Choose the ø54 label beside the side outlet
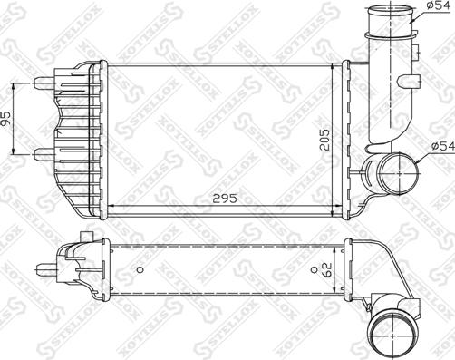pos(440,145)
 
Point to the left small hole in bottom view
pos(140,271)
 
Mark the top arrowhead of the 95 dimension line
pos(16,83)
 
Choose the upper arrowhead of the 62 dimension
pos(334,244)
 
